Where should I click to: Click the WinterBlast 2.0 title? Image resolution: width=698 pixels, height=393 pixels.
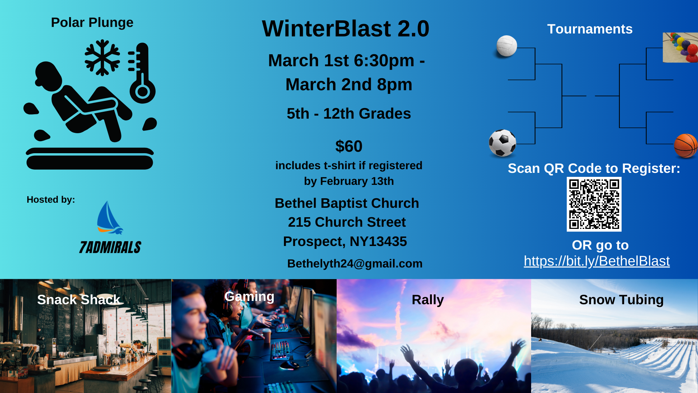coord(345,29)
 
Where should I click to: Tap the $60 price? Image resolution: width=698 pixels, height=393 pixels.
coord(349,146)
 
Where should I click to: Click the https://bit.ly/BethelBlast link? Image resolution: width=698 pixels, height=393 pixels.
coord(597,261)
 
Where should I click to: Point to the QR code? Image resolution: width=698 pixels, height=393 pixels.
coord(594,204)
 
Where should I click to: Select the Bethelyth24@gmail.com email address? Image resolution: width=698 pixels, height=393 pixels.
coord(355,263)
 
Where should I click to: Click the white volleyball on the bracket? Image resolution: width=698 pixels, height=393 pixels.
coord(507,46)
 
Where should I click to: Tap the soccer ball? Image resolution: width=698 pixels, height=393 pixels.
coord(502,143)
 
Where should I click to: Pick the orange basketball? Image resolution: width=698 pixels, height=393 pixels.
coord(686,146)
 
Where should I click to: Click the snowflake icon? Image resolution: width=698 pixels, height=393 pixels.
coord(102,57)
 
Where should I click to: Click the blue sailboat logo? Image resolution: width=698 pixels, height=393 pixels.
coord(109,218)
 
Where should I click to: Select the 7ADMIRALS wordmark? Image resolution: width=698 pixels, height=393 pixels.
coord(110,247)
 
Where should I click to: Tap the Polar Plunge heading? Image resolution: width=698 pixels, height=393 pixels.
coord(92,23)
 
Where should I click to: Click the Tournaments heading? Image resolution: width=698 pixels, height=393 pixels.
coord(590,29)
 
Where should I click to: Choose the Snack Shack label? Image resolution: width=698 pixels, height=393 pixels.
coord(79,300)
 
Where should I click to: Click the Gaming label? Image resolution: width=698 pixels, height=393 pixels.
coord(249,297)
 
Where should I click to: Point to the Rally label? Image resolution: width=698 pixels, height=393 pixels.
coord(428,300)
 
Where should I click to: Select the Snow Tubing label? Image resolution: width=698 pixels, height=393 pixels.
coord(621,300)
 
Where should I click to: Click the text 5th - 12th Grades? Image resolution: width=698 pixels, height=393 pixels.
coord(349,114)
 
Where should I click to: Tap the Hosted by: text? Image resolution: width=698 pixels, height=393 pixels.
coord(51,200)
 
